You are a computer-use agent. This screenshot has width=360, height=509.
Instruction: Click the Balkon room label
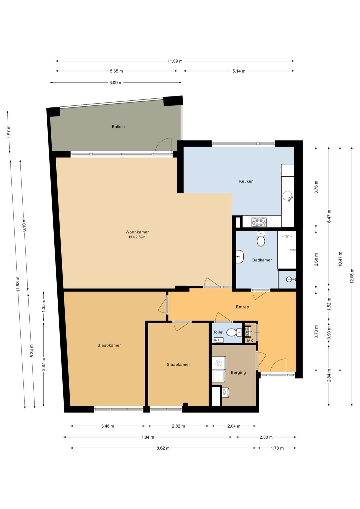pos(118,127)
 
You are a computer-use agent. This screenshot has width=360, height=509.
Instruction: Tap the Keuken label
pos(246,181)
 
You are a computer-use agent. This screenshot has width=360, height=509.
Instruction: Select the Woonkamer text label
pos(137,232)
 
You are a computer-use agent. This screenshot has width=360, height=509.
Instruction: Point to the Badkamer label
pos(262,260)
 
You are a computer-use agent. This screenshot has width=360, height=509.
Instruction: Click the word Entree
pos(242,307)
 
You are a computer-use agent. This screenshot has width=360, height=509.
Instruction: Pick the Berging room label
pos(238,373)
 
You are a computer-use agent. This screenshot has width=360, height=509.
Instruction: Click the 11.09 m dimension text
pos(175,61)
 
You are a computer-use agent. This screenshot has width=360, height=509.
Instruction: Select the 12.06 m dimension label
pos(352,276)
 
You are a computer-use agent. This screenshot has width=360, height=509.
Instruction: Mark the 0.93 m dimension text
pos(329,333)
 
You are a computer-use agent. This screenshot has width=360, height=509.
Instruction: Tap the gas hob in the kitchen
pos(259,222)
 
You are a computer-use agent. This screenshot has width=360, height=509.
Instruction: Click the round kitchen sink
pos(287,195)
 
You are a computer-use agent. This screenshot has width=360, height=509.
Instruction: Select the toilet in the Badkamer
pos(261,238)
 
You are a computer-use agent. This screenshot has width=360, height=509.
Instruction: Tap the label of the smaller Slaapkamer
pos(178,365)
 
